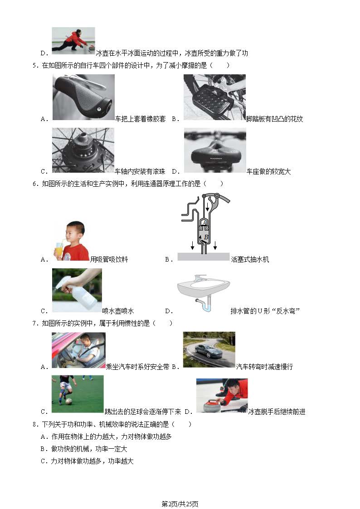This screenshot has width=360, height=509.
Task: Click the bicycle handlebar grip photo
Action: (83, 97)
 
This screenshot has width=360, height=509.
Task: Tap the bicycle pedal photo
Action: (214, 97)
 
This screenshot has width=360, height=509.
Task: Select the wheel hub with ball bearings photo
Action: (83, 150)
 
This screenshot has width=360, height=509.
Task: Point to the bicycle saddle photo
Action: (215, 150)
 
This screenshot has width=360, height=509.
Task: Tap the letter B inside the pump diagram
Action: (206, 238)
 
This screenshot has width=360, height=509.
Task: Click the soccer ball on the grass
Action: (68, 401)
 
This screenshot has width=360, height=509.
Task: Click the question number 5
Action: (35, 66)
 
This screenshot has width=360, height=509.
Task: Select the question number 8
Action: (35, 424)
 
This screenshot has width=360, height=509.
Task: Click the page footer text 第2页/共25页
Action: (180, 504)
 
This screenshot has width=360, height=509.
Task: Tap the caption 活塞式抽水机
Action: (250, 259)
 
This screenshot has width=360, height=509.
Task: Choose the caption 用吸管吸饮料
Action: (109, 259)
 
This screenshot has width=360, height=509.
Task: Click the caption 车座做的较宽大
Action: (268, 171)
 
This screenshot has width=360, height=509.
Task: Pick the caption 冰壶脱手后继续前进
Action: (277, 412)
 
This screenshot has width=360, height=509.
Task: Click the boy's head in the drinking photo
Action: (75, 232)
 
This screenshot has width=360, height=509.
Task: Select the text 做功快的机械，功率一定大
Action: (89, 449)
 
